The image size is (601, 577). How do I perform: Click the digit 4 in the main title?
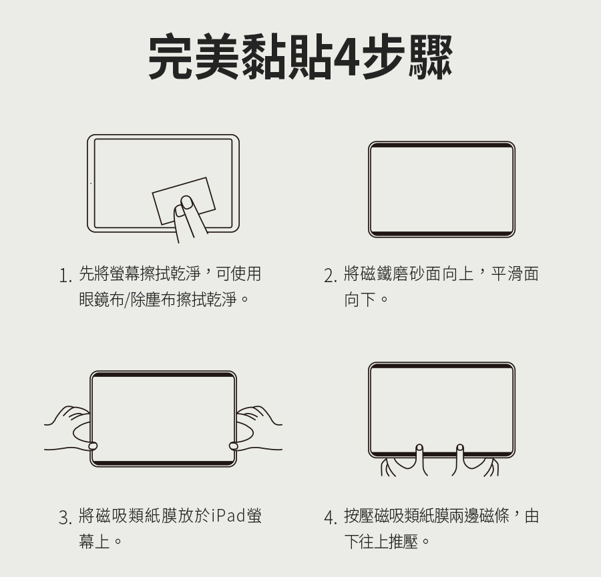(347, 57)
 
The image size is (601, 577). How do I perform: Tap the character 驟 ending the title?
(431, 57)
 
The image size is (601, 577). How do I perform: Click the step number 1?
(65, 276)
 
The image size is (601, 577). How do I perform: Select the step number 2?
(331, 276)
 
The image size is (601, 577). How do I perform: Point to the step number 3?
(65, 518)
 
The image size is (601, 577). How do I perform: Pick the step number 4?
(331, 518)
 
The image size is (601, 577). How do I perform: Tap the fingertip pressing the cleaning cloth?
(187, 203)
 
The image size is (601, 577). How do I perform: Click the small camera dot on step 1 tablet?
(91, 183)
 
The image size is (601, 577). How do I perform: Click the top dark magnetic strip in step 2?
(441, 145)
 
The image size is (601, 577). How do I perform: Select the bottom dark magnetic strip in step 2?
(441, 233)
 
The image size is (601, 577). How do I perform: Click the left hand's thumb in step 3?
(93, 446)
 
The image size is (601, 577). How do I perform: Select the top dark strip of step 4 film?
(441, 366)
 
